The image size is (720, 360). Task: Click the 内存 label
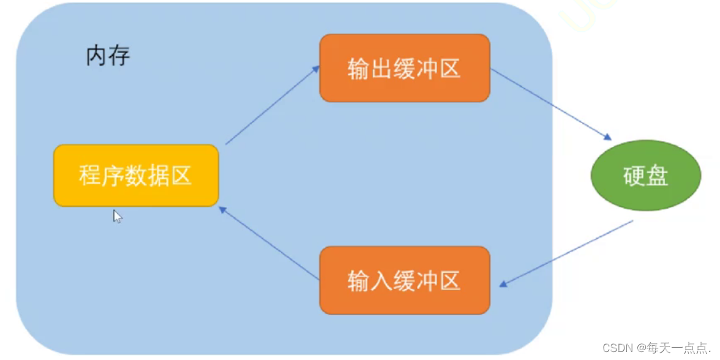(108, 56)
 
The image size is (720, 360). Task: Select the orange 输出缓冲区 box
(405, 68)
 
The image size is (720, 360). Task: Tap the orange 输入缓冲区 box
(405, 280)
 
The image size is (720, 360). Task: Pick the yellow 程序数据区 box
(136, 175)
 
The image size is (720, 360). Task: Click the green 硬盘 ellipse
(645, 175)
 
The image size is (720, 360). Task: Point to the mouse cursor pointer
(117, 216)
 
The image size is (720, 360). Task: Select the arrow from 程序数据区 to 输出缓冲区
(272, 105)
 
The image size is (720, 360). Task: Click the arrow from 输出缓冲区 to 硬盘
(551, 105)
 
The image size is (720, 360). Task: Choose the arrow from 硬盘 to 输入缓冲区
(566, 253)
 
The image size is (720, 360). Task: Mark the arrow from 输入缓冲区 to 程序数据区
(269, 243)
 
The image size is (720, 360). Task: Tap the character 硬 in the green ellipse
(634, 176)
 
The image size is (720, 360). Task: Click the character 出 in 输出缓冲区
(381, 69)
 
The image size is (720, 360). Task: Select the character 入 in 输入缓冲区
(381, 280)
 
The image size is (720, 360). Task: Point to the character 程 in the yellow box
(91, 176)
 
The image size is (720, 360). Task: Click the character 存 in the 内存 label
(120, 56)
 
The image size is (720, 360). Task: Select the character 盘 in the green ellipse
(657, 176)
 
